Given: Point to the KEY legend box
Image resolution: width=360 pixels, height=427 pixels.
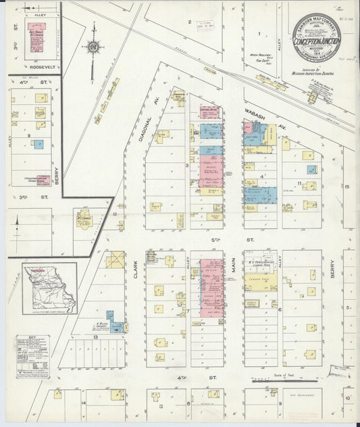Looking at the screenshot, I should tap(31, 352).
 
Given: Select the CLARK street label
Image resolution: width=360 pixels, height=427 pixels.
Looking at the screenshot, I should tap(136, 268).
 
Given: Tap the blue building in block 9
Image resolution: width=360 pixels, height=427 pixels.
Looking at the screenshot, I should tap(38, 144).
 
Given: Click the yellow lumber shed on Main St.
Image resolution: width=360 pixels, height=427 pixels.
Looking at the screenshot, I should tap(259, 278).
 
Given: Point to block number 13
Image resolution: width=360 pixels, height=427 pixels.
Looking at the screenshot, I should tap(97, 336).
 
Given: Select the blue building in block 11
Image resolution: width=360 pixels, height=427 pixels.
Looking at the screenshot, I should tap(311, 170).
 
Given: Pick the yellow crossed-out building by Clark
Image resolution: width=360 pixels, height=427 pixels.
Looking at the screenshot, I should tap(115, 260).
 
